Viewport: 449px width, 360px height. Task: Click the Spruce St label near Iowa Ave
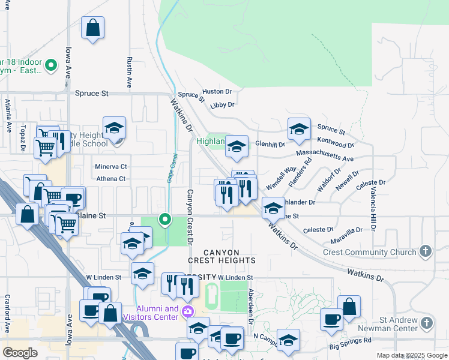point(92,94)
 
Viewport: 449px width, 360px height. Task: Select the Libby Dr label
point(222,105)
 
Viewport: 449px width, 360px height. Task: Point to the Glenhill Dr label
point(270,144)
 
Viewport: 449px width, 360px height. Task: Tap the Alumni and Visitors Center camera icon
point(188,311)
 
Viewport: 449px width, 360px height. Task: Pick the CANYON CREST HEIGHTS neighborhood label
point(221,256)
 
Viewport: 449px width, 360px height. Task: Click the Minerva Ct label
point(111,166)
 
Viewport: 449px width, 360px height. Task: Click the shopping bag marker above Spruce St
point(93,28)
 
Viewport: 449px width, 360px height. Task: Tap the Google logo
point(20,353)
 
